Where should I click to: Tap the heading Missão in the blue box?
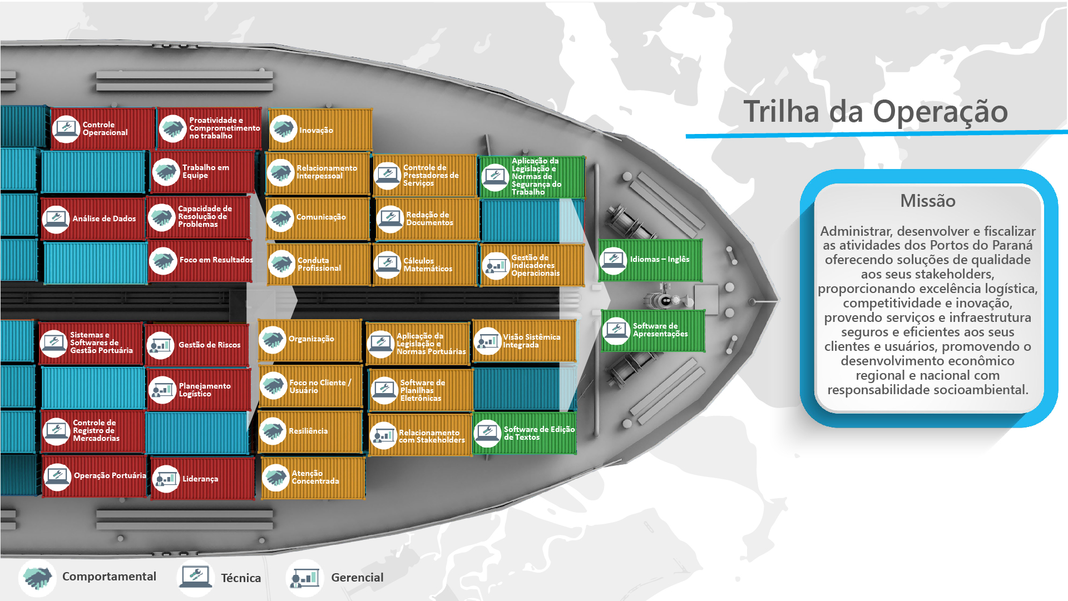927,201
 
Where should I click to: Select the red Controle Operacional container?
102,129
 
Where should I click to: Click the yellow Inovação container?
320,130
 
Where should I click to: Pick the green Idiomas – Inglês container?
650,260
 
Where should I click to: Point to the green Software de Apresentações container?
652,330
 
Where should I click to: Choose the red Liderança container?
202,479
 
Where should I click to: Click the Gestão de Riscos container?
197,345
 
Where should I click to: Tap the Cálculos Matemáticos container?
425,265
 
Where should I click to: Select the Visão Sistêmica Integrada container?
524,341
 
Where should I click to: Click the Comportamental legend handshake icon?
37,578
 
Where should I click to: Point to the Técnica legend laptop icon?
195,577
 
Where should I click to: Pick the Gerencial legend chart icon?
304,578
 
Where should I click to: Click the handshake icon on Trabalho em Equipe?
166,172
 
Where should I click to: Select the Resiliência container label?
308,431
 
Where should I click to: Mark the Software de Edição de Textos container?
525,433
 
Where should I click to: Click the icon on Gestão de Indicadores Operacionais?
495,266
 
